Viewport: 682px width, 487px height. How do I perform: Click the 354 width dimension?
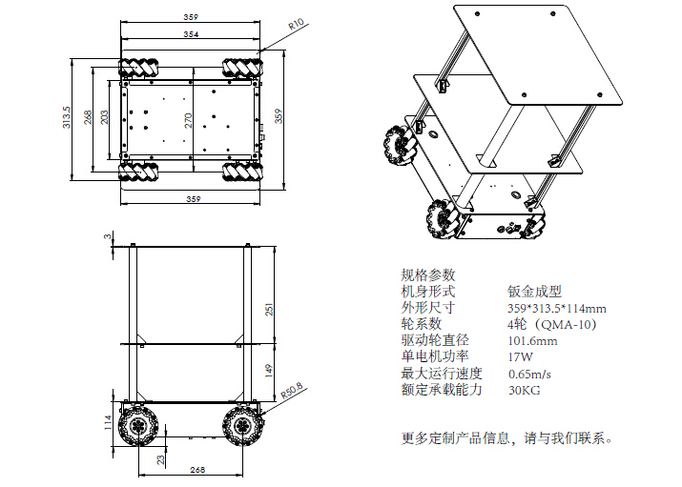coord(192,34)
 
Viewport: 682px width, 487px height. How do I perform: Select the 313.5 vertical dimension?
coord(67,117)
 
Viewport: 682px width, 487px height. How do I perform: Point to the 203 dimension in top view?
coord(104,117)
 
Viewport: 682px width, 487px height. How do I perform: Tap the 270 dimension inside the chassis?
coord(188,118)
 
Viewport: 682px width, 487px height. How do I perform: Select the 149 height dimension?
coord(269,369)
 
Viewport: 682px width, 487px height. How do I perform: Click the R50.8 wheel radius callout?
coord(292,391)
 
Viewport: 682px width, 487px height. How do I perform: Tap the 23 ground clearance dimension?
coord(159,459)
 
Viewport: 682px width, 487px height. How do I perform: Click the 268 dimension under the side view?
coord(197,470)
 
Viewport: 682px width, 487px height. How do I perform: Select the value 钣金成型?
coord(535,292)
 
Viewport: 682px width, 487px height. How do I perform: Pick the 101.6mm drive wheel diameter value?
coord(532,340)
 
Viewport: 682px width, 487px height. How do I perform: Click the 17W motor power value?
coord(520,356)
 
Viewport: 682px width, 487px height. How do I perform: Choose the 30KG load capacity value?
coord(525,389)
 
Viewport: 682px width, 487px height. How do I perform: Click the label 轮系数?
coord(423,324)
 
